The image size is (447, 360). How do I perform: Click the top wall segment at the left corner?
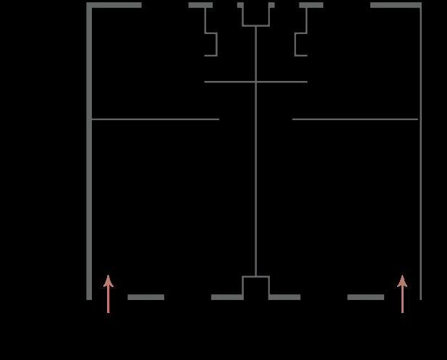tap(114, 5)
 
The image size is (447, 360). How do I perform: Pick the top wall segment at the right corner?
tap(395, 5)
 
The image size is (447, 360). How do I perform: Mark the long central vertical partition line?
tap(256, 181)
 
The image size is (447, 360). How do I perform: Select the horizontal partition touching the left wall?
tap(155, 119)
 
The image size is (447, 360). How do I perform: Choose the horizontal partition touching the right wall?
tap(355, 119)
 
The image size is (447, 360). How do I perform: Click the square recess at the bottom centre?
tap(256, 286)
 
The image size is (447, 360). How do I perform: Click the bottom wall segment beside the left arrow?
tap(145, 297)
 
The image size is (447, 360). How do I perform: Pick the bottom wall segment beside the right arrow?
tap(365, 297)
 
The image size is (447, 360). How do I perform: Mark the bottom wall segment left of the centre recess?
tap(226, 297)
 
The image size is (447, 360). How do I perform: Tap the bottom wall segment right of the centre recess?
tap(284, 297)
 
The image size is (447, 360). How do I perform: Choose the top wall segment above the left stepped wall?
tap(200, 5)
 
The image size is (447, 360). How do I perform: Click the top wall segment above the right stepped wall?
tap(311, 5)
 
